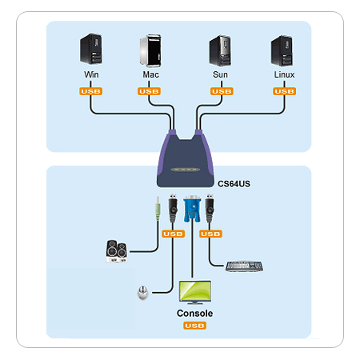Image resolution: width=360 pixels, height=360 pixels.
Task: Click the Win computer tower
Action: coord(91,49)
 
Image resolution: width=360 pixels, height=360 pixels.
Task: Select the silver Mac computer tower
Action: coord(150,50)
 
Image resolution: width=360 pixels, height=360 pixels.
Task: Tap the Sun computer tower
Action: coord(220,50)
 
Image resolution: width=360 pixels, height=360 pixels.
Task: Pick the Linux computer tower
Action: coord(282,50)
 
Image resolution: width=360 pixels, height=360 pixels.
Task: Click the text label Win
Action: coord(91,74)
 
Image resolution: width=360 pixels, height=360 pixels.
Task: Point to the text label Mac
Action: coord(150,74)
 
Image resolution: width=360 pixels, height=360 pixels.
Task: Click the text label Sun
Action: coord(220,74)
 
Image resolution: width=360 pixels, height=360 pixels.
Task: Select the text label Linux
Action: coord(284,74)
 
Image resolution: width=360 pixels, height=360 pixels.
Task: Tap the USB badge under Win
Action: coord(90,91)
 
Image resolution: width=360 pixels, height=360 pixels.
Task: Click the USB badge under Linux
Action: coord(284,91)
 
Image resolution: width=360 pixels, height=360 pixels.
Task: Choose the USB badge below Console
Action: coord(194,326)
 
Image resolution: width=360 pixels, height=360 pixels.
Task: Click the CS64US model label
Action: coord(234,184)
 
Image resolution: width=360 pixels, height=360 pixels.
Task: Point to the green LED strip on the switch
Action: coord(186,170)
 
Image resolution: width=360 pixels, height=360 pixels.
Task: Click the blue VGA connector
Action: coord(192,209)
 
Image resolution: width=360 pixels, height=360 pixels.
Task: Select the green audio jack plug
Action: coord(158,209)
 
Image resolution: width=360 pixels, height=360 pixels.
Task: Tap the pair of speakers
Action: coord(117,251)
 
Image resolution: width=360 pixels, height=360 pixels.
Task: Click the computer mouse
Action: coord(143,293)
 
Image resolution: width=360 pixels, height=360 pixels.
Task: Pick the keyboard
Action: coord(244,266)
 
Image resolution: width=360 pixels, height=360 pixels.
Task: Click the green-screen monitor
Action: coord(195,292)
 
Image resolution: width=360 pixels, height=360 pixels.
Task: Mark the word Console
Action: coord(194,314)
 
